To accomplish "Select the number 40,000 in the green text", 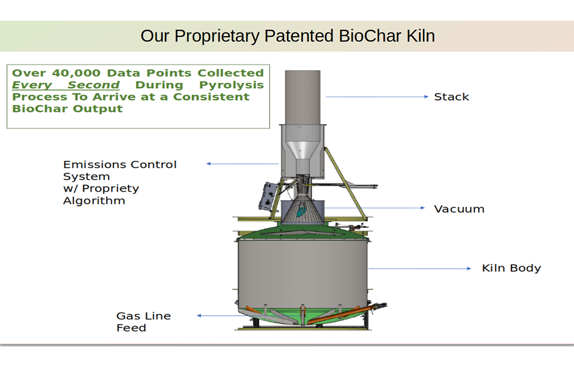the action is tap(76, 73).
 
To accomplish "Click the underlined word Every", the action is tap(32, 85).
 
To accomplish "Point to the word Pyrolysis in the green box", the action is tap(231, 85).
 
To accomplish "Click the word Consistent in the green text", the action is tap(211, 97).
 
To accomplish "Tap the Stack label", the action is tap(451, 97).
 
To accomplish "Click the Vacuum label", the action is tap(459, 209).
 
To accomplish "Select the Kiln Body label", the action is tap(511, 269).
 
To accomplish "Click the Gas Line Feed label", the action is tap(143, 321).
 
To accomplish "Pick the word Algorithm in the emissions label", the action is tap(94, 201).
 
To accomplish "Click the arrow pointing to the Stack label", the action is tap(377, 97).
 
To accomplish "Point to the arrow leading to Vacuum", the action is tap(374, 208).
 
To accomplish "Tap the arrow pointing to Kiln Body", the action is tap(420, 269).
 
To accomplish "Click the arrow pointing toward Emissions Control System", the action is tap(243, 164).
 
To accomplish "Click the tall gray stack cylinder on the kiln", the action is tap(302, 98).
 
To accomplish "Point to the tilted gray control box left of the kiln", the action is tap(267, 197).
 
